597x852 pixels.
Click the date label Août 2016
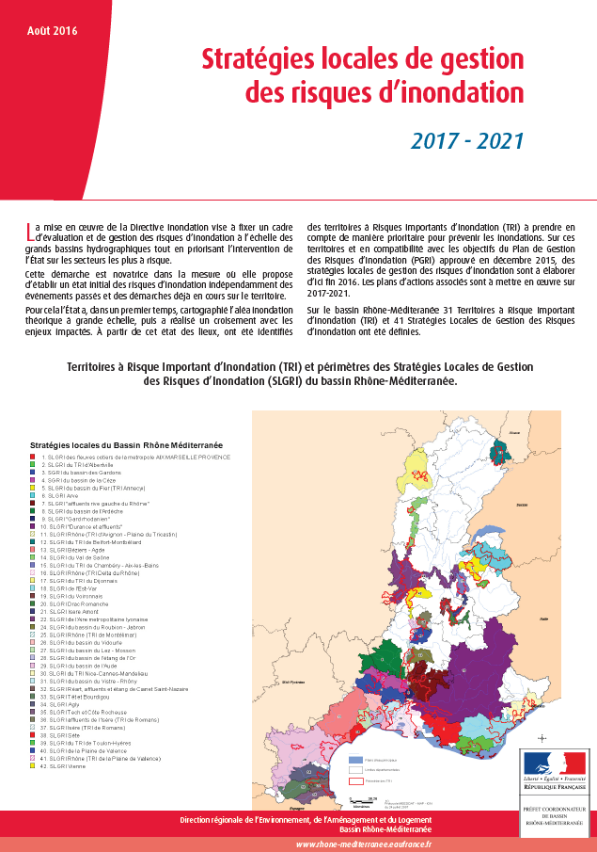pyautogui.click(x=53, y=30)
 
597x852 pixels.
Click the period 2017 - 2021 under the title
pyautogui.click(x=466, y=141)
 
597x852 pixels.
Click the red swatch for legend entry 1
pyautogui.click(x=33, y=457)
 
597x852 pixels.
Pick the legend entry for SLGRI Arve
pyautogui.click(x=61, y=496)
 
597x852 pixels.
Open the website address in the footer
pyautogui.click(x=363, y=844)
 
